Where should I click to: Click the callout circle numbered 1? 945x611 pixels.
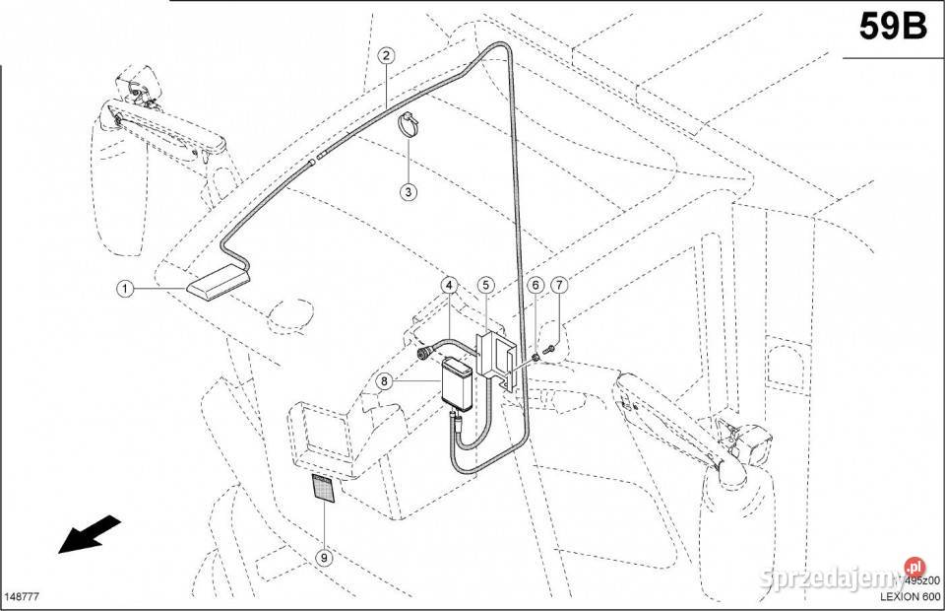125,289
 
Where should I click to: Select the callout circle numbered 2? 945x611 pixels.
386,56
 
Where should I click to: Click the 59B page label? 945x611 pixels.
892,27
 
